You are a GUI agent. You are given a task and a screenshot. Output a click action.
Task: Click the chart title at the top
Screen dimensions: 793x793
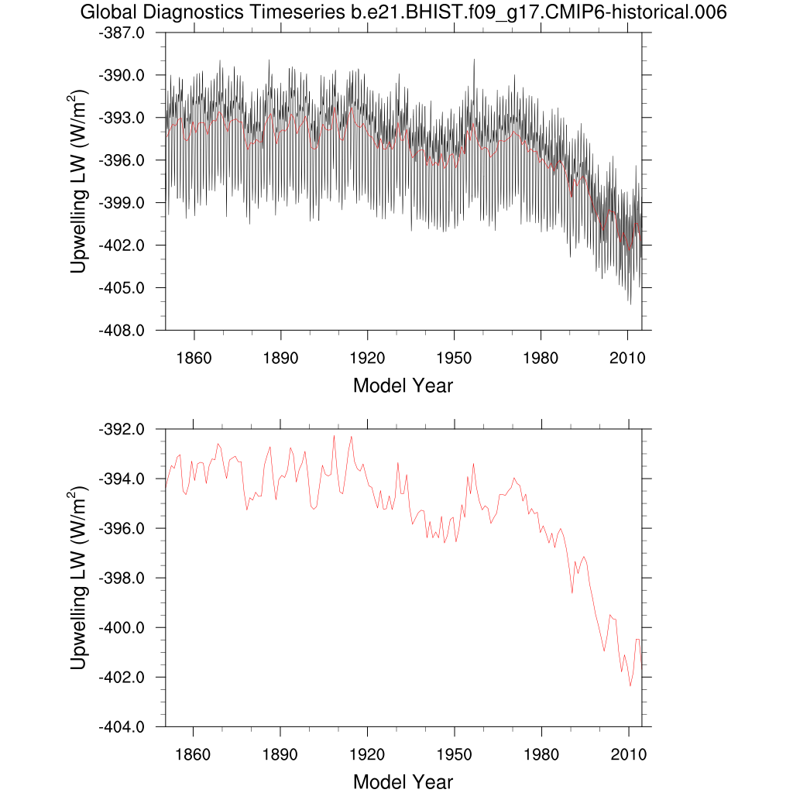coord(403,13)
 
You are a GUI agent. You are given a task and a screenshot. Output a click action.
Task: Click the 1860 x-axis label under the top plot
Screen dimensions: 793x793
coord(193,358)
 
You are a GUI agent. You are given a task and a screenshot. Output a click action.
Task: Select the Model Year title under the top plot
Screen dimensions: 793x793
coord(403,385)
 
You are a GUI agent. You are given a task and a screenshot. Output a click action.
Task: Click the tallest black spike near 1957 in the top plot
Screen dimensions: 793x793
coord(474,59)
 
